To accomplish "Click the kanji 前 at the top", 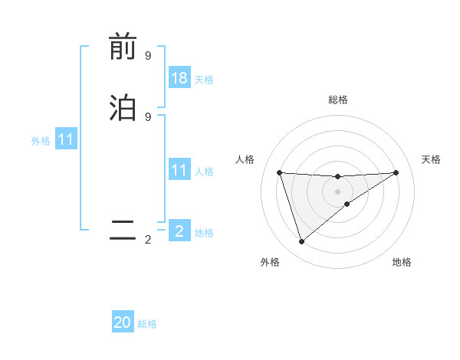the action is coord(123,47).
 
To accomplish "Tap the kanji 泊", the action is coord(123,107).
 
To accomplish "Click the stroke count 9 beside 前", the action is coord(148,56).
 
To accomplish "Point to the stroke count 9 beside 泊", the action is coord(148,116).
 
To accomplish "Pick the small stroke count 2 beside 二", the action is coord(148,240).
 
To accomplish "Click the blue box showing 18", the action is coord(179,78).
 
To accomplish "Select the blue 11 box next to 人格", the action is coord(179,170).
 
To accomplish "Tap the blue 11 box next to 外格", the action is coord(66,140).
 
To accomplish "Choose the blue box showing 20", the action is coord(123,322).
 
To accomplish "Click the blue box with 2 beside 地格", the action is coord(179,231).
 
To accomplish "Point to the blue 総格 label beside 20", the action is coord(147,324).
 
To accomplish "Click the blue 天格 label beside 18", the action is coord(204,80).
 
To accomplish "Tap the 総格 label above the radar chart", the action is coord(338,100).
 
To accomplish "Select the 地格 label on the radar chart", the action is coord(402,262).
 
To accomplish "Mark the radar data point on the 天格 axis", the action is coord(396,172).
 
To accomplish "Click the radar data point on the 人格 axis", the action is coord(280,172).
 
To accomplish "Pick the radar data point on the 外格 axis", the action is coord(301,242).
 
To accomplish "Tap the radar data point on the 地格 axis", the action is coord(347,204).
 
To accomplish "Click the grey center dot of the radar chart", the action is coord(338,191).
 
